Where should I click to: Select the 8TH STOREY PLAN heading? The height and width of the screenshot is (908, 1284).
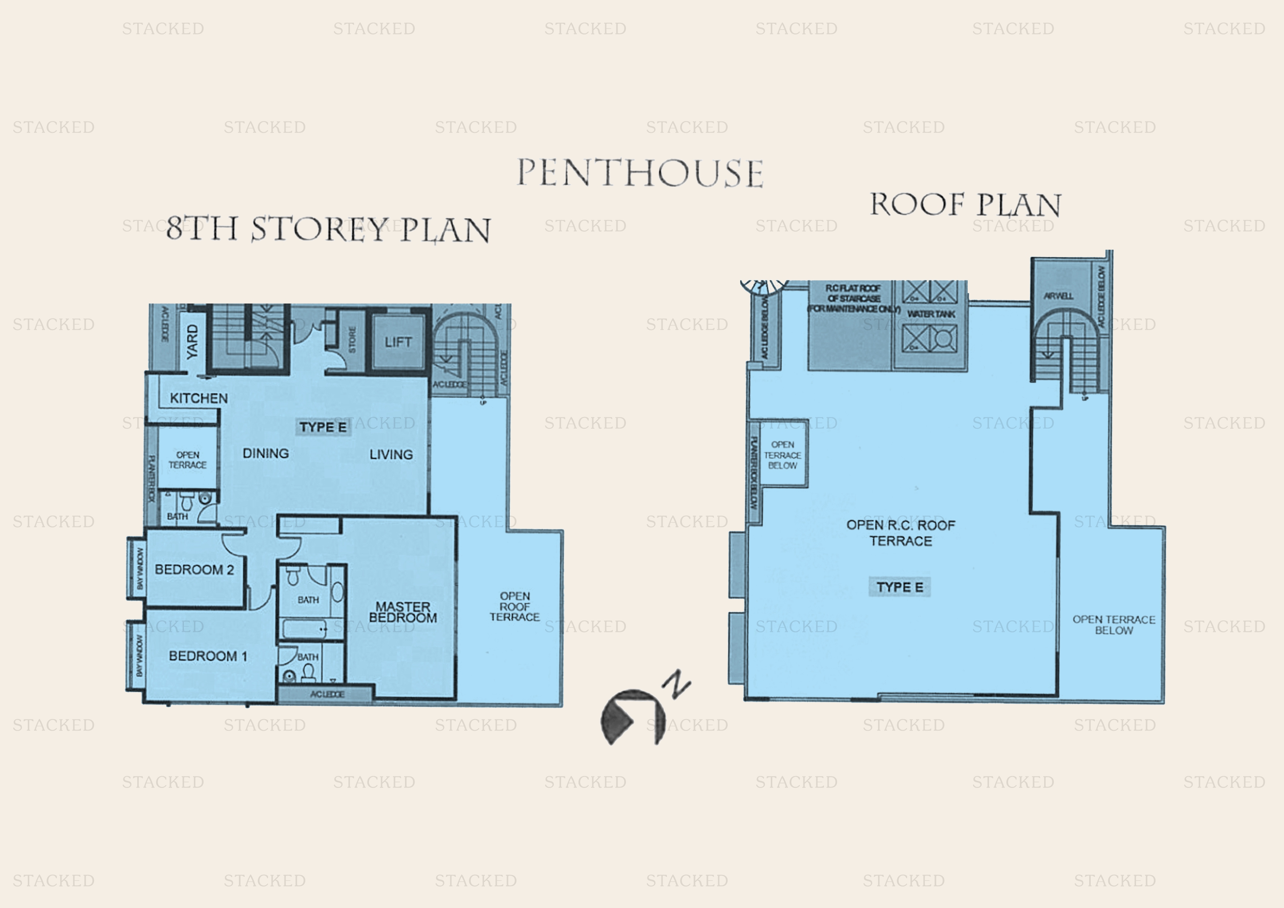point(328,229)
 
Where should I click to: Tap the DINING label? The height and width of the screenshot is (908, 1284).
point(266,453)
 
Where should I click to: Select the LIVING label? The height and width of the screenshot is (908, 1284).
point(391,454)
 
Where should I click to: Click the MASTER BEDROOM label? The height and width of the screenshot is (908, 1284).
point(403,612)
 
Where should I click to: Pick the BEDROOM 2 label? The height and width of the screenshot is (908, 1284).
point(194,570)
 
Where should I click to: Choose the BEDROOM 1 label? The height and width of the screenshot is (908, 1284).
point(208,656)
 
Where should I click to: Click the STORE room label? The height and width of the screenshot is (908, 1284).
point(352,339)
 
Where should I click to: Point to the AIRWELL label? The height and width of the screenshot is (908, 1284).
point(1058,296)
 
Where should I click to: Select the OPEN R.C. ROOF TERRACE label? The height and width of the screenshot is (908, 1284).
point(900,533)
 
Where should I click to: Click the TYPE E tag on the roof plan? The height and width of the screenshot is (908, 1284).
point(899,587)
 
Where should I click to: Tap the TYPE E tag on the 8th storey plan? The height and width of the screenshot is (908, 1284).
point(323,427)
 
